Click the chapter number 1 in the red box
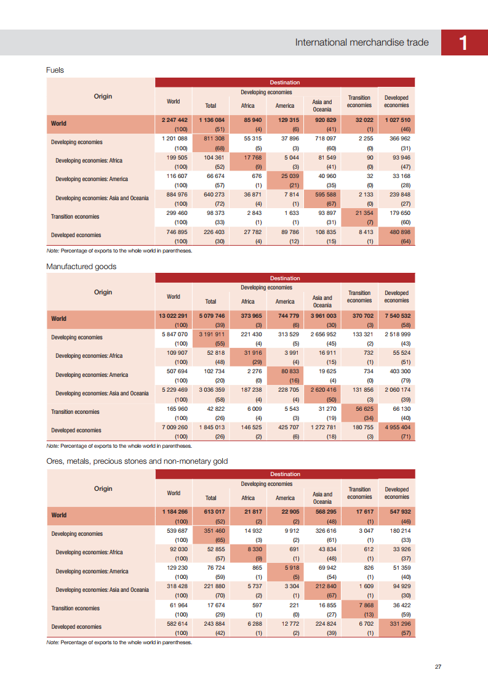[464, 42]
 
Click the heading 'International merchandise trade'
[362, 42]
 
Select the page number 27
[438, 666]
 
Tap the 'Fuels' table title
[55, 70]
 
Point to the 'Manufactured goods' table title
[81, 267]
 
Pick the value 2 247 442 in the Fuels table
[174, 119]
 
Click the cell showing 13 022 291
[174, 315]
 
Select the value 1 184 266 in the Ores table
[174, 511]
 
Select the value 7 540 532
[396, 315]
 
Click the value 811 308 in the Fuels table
[210, 139]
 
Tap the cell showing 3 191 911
[210, 334]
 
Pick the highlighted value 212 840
[322, 586]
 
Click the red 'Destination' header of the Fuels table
[285, 83]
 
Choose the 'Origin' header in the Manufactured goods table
[103, 292]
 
